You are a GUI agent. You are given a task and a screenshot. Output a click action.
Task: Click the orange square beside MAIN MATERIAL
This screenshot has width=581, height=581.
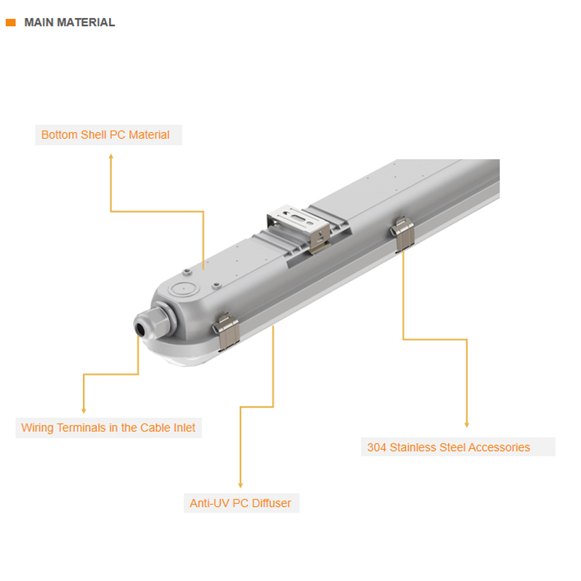coord(11,23)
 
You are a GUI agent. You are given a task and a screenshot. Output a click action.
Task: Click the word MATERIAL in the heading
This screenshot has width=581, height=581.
coord(86,23)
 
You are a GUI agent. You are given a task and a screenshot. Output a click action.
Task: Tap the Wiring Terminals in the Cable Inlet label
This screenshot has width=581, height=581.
coord(108,428)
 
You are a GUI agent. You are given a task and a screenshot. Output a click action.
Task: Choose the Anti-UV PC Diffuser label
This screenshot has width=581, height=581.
coord(240,503)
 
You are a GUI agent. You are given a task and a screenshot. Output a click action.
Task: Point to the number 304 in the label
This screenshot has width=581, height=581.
coord(376,447)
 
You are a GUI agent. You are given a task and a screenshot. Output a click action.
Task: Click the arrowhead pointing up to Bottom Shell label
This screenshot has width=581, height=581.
coord(111,157)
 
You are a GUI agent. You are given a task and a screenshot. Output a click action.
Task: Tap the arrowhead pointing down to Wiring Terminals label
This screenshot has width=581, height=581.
coord(84,410)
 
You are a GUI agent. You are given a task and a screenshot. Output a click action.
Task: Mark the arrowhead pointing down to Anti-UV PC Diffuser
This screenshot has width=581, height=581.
coord(240,485)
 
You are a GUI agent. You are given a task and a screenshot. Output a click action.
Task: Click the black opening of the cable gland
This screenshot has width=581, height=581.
coord(140,329)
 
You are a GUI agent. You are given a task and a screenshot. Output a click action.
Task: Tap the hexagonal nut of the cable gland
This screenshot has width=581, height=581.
coord(162,320)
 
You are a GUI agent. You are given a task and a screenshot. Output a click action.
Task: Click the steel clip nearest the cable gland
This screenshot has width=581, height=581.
coord(226,331)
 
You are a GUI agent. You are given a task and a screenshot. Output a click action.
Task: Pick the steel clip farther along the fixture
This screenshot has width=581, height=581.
coord(403,233)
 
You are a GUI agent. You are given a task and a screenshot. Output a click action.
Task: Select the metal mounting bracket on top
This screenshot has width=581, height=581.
coord(298,227)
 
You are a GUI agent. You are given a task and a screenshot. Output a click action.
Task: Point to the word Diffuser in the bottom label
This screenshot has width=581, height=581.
coord(271,503)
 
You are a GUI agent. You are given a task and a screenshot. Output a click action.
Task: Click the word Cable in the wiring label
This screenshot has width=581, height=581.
coord(155,428)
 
